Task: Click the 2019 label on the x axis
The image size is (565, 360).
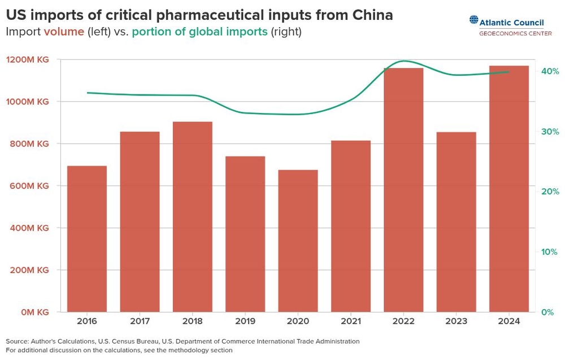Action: (x=245, y=321)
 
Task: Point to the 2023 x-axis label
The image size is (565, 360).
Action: (x=456, y=321)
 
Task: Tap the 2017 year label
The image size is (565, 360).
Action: (x=140, y=321)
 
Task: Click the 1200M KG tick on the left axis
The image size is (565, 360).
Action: (x=28, y=59)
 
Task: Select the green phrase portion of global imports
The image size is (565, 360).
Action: (x=199, y=32)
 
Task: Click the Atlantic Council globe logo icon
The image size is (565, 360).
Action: (x=473, y=20)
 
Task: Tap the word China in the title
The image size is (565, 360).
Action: (x=370, y=15)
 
